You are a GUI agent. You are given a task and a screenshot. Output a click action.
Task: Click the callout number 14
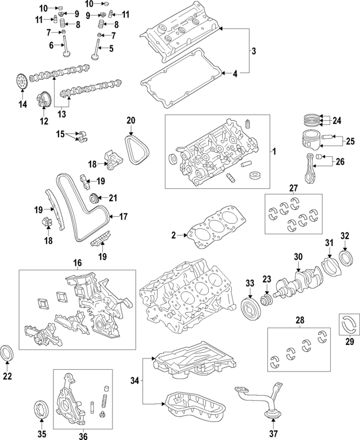22,104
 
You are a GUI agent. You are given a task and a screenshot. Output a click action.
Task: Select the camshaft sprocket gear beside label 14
21,83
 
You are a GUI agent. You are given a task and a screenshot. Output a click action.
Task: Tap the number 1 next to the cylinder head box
274,152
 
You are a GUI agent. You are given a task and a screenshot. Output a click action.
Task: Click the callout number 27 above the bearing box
293,188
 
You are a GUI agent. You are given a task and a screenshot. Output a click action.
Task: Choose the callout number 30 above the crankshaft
298,257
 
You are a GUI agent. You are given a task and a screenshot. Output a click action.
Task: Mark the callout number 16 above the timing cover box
77,262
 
